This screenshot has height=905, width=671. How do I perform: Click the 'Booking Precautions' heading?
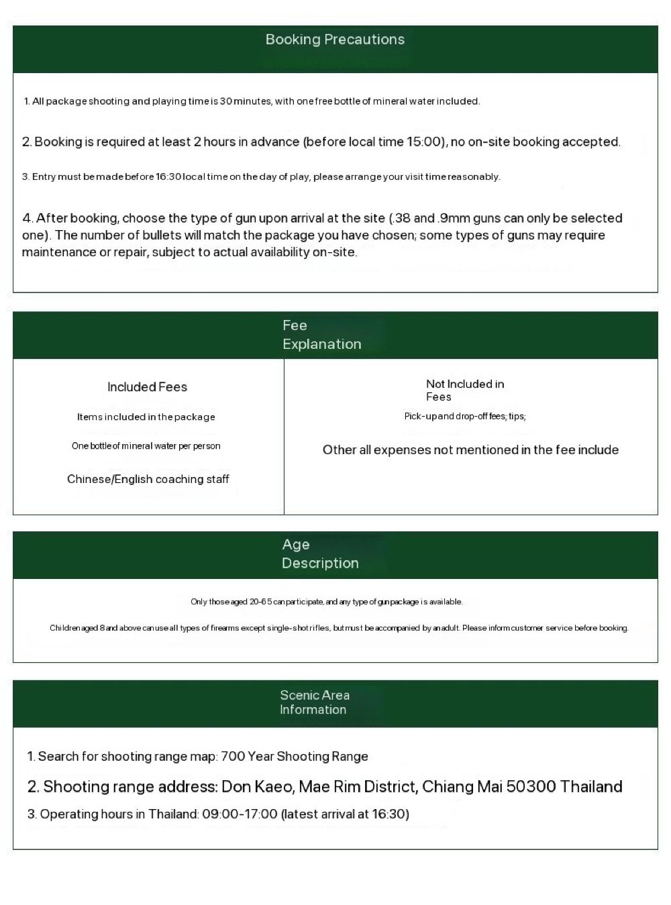335,40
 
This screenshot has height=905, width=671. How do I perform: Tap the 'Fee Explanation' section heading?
321,335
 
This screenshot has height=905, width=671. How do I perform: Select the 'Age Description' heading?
320,554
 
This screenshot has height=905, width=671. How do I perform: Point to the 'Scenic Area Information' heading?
314,702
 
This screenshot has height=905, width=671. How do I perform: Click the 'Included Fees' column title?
147,387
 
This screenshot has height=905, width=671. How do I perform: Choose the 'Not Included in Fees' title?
464,390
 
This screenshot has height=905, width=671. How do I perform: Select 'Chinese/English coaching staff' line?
148,480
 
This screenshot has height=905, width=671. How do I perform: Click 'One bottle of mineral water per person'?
146,446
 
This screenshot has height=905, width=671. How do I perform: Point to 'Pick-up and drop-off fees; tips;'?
465,417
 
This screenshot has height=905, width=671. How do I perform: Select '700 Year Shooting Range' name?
294,757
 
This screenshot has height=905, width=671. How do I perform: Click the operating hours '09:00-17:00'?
240,814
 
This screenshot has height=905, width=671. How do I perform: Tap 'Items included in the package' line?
146,417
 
